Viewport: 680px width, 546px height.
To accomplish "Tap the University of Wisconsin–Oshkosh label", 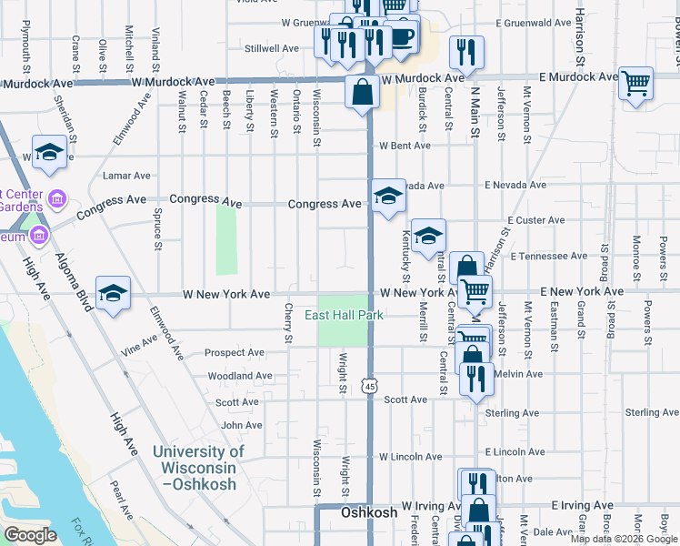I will click(198, 467).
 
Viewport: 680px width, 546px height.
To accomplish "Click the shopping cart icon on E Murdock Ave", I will click(635, 85).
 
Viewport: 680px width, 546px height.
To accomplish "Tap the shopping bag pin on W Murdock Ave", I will click(362, 92).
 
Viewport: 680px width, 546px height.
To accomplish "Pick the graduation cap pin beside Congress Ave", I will click(388, 196).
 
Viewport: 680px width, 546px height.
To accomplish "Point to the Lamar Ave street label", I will click(127, 176).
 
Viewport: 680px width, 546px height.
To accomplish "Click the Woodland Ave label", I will click(240, 375).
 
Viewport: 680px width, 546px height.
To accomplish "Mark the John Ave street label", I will click(242, 425).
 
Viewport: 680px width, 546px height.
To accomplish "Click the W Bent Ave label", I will click(405, 146).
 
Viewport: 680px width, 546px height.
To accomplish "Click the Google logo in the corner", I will click(30, 535).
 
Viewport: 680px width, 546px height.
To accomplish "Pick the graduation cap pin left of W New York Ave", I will click(113, 292).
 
